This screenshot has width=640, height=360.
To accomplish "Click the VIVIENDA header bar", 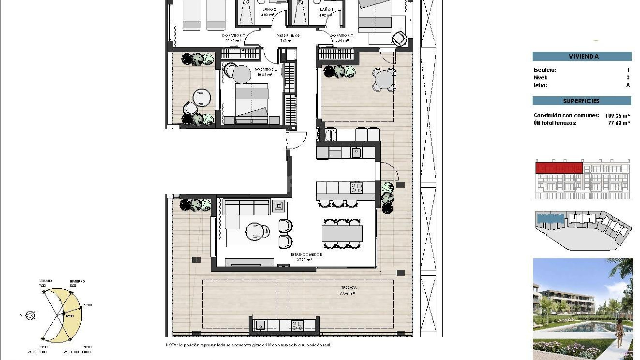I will click(582, 56).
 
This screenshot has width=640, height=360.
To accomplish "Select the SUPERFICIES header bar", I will click(582, 101).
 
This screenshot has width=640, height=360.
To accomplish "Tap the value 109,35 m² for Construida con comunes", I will click(617, 116).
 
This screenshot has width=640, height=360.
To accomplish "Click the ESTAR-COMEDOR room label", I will click(306, 255).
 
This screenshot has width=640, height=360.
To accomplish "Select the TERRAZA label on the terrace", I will click(349, 288).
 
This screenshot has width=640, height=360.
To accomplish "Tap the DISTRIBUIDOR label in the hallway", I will click(288, 36).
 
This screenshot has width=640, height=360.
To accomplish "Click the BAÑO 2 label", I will click(269, 10).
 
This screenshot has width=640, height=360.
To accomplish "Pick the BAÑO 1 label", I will click(326, 10).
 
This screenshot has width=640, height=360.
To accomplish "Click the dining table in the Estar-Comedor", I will click(342, 233).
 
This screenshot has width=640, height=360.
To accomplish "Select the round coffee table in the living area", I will click(255, 231).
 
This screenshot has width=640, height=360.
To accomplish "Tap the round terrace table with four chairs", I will click(384, 80).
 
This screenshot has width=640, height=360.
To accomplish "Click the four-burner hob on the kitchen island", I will click(356, 188).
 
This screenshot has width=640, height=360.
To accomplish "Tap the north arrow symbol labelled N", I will click(30, 315).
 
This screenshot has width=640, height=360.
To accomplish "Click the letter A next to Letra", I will click(628, 85).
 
